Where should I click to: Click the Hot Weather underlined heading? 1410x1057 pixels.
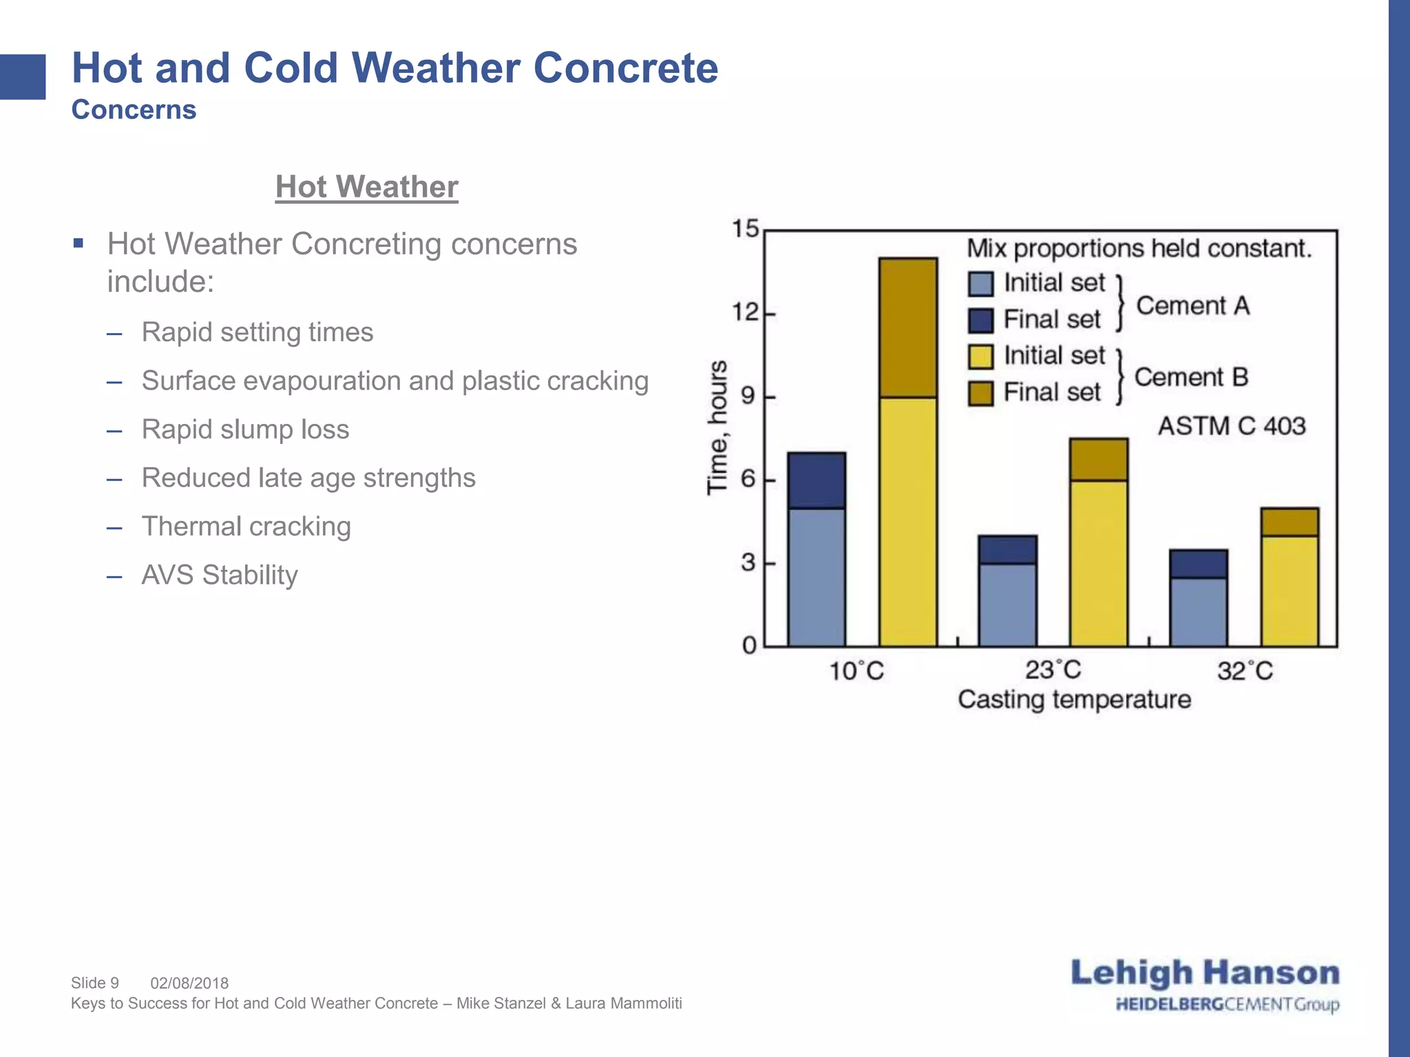(366, 187)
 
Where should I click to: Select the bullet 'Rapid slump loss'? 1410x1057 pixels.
(245, 429)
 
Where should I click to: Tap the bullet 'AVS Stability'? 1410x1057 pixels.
(219, 575)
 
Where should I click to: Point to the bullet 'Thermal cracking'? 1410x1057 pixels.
(246, 526)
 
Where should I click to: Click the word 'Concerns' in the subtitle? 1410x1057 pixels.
(134, 110)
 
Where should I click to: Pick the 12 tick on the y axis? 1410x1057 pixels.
(745, 312)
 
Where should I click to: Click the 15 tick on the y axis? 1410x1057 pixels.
(745, 228)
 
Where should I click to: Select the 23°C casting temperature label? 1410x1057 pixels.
(1053, 670)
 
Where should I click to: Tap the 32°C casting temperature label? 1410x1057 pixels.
(1245, 671)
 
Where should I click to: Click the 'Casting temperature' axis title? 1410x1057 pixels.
(1074, 700)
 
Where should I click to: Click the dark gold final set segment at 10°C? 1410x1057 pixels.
(907, 328)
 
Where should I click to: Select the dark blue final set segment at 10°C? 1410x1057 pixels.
(817, 480)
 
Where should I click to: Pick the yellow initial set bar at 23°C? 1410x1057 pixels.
(1098, 563)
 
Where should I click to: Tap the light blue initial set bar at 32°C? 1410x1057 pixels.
(1198, 611)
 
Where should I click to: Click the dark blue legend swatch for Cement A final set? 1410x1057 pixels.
(980, 320)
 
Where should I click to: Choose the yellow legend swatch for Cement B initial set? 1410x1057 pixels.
(980, 356)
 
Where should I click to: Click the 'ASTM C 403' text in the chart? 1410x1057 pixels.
(1231, 426)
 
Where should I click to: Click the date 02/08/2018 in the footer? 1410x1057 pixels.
(189, 983)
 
